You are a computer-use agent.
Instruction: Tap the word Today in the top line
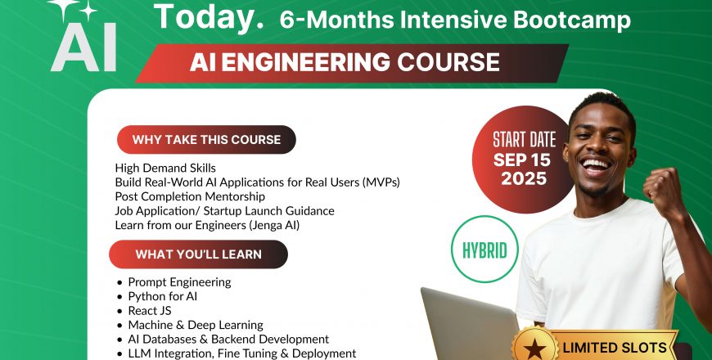pyautogui.click(x=209, y=17)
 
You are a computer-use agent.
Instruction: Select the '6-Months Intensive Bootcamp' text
pyautogui.click(x=455, y=20)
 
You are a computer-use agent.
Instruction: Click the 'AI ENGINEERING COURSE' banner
pyautogui.click(x=344, y=62)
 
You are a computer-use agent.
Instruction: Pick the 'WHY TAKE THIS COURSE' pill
pyautogui.click(x=206, y=140)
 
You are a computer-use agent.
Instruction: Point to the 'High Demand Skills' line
pyautogui.click(x=165, y=168)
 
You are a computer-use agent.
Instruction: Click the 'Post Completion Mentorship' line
pyautogui.click(x=190, y=196)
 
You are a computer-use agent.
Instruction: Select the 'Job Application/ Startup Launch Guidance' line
pyautogui.click(x=224, y=210)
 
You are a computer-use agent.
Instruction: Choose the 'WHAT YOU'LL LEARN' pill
pyautogui.click(x=198, y=254)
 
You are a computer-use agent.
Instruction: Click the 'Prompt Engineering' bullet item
pyautogui.click(x=179, y=282)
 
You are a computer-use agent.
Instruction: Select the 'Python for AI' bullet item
pyautogui.click(x=162, y=296)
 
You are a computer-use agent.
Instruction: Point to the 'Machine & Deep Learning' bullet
pyautogui.click(x=195, y=325)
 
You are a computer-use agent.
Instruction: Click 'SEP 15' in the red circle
pyautogui.click(x=524, y=160)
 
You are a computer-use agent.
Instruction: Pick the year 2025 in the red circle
pyautogui.click(x=524, y=178)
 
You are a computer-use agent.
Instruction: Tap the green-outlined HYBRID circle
pyautogui.click(x=485, y=248)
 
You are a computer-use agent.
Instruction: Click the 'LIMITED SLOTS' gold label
pyautogui.click(x=614, y=347)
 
